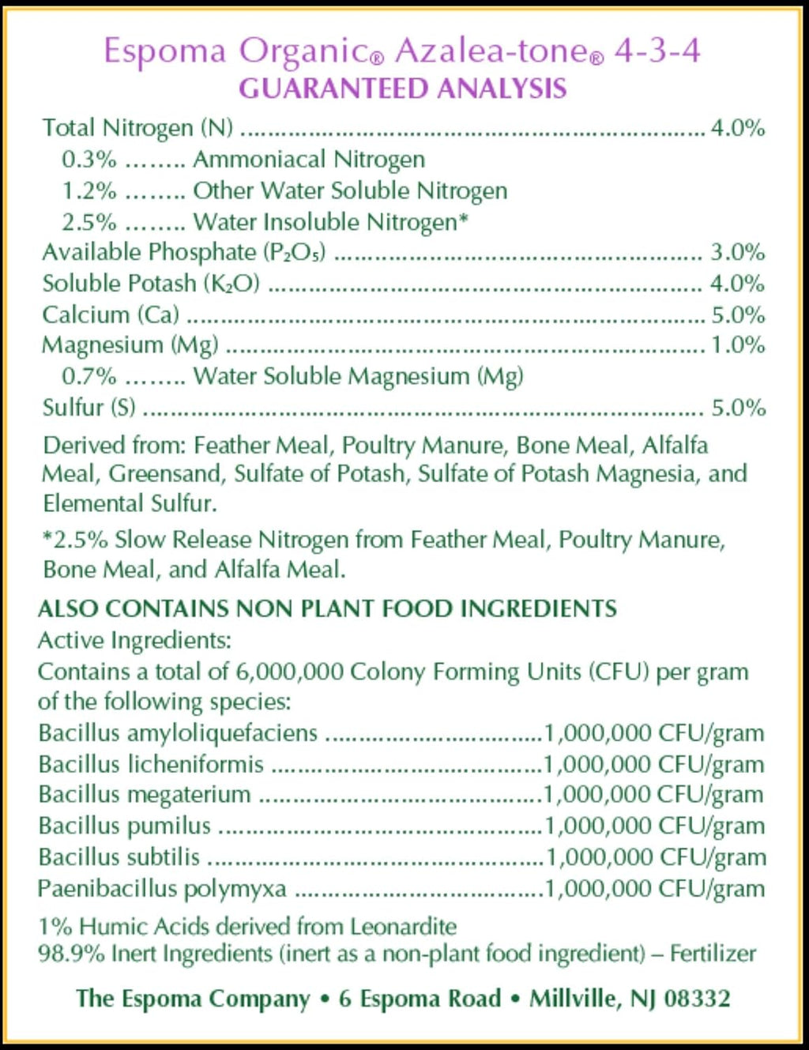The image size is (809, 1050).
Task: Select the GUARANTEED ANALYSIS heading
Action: point(403,88)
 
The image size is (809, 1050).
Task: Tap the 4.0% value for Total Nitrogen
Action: point(738,128)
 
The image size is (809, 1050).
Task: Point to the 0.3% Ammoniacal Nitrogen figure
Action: point(88,160)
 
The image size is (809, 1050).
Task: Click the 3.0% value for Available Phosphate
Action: point(738,253)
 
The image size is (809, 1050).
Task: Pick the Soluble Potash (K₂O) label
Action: point(151,284)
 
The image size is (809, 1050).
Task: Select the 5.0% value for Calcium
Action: point(738,315)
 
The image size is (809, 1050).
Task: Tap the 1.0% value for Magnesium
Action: point(738,345)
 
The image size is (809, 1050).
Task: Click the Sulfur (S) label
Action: point(88,408)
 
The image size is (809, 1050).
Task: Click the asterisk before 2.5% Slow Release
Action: point(47,538)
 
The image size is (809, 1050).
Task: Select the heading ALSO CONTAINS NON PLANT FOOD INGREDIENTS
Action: point(327,608)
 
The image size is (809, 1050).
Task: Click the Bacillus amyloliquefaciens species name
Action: point(178,733)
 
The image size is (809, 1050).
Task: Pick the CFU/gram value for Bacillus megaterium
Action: point(654,795)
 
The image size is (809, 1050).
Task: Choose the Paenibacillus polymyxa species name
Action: point(162,889)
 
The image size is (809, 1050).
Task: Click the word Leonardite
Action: point(403,926)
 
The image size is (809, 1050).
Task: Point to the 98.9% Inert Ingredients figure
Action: point(71,954)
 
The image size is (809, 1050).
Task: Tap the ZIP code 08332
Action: point(697,999)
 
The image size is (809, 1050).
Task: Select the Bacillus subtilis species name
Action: point(119,857)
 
